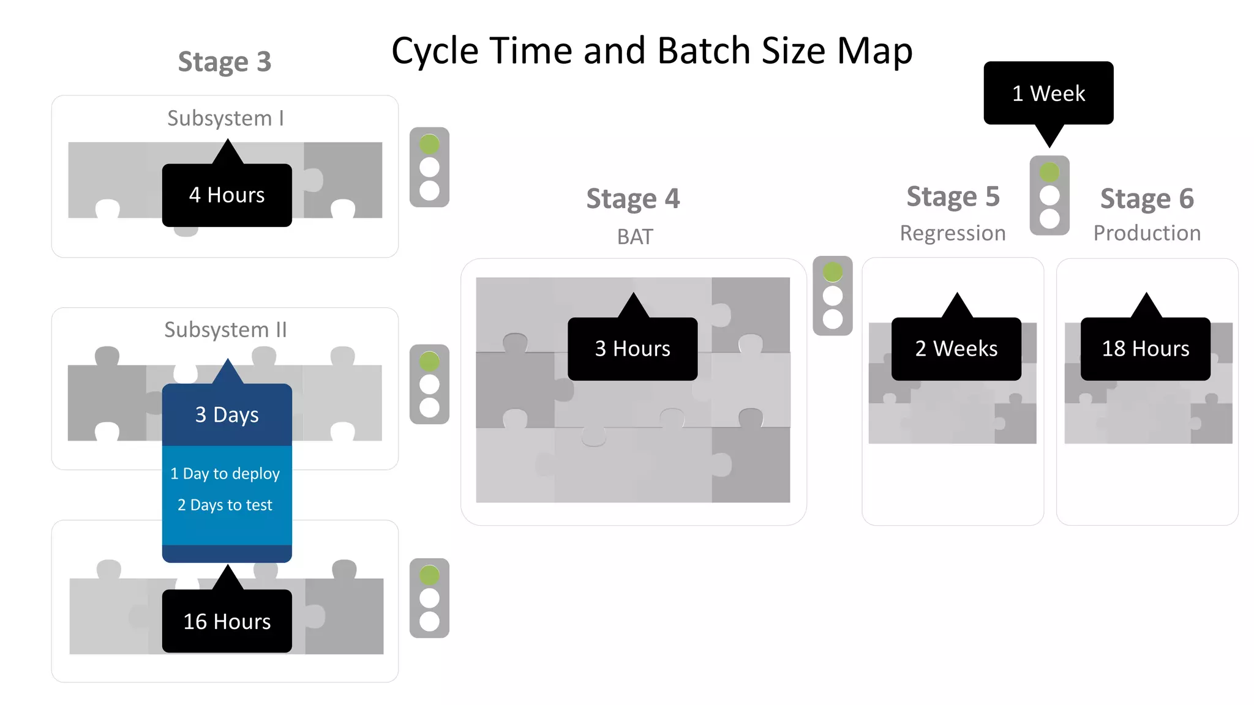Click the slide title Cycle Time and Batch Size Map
click(x=652, y=51)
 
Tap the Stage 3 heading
click(x=225, y=62)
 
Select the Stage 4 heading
click(x=633, y=199)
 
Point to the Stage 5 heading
click(x=953, y=197)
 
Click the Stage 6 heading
click(x=1147, y=199)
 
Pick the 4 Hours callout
click(x=227, y=195)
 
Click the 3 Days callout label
click(x=227, y=414)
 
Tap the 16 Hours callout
click(x=227, y=621)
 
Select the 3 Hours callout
click(x=633, y=348)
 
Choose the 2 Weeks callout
click(x=956, y=348)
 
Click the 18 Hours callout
click(x=1146, y=348)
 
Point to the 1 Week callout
click(x=1049, y=93)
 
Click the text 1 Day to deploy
click(x=225, y=474)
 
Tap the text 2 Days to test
click(x=225, y=505)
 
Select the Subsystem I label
click(x=226, y=118)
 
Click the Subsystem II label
click(x=226, y=330)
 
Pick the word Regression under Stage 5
click(x=953, y=234)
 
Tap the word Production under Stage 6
click(x=1147, y=233)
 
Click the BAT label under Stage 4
click(x=635, y=237)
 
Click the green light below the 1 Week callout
click(x=1049, y=173)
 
